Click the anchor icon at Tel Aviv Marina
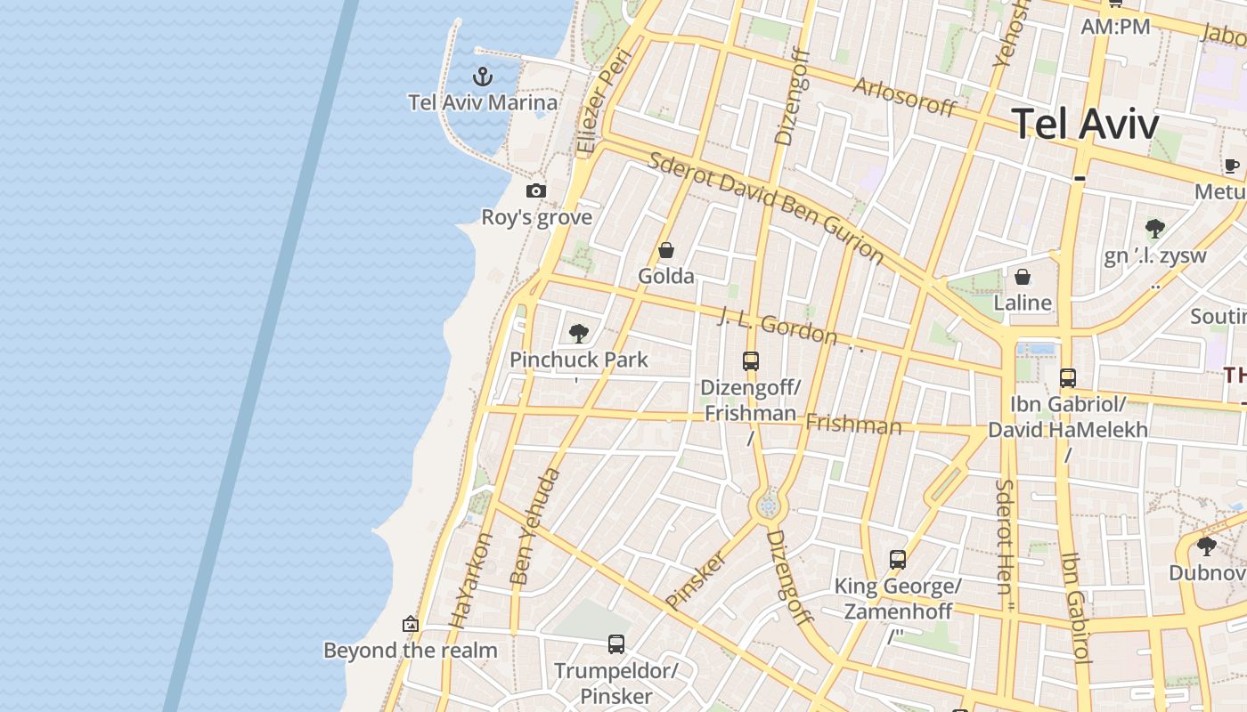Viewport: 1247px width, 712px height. (483, 77)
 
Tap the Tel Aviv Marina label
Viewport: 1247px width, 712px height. (483, 102)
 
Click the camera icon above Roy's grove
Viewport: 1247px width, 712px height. (535, 190)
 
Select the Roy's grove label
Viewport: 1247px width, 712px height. (536, 217)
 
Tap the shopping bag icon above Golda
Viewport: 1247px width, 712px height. (665, 251)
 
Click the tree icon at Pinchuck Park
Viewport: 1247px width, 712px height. (579, 334)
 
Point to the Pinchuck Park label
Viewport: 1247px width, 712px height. (579, 360)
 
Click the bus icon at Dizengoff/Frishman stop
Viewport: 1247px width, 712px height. (751, 361)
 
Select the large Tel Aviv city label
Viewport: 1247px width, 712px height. (1086, 124)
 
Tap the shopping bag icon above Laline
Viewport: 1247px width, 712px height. (1023, 277)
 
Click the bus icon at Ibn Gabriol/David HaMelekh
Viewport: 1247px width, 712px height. (1068, 378)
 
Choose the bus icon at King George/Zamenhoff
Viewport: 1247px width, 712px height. (898, 560)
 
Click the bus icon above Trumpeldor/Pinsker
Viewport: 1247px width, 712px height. (615, 643)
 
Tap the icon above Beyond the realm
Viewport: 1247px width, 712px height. (411, 624)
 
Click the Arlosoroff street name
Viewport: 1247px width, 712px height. (904, 96)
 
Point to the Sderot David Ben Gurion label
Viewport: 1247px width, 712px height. (766, 208)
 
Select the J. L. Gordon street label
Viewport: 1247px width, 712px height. (778, 326)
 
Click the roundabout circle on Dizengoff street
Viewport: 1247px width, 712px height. (768, 506)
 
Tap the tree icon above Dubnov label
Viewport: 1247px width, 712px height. (1207, 546)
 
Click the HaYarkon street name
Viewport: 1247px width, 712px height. (471, 580)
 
